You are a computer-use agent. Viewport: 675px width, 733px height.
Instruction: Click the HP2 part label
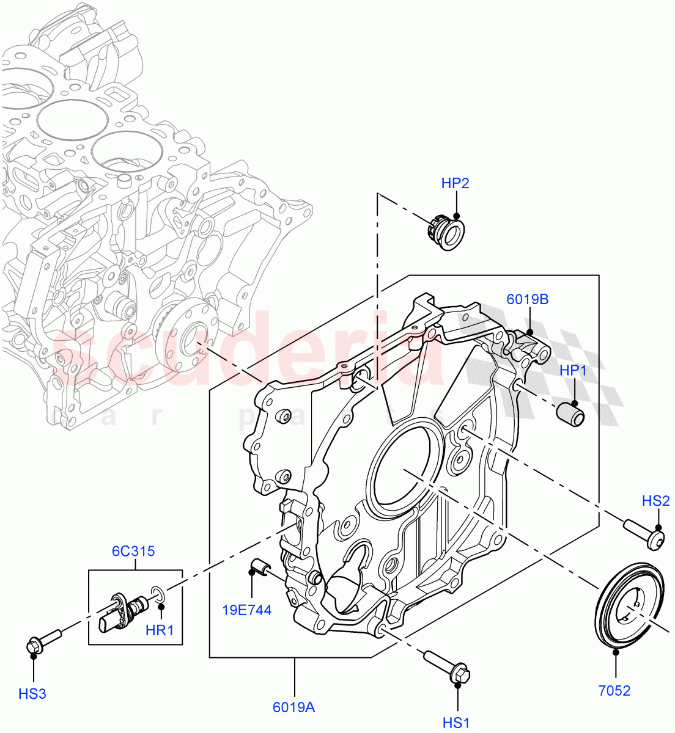(x=456, y=183)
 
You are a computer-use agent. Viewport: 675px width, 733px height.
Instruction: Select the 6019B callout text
(x=527, y=299)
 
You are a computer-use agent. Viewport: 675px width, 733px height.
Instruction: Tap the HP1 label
(x=574, y=371)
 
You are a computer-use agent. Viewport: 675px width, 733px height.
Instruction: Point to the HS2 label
(x=655, y=501)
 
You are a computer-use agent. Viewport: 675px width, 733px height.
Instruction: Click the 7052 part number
(x=614, y=691)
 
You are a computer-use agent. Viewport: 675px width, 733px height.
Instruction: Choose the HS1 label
(x=456, y=723)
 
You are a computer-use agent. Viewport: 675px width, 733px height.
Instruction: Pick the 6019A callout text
(x=294, y=707)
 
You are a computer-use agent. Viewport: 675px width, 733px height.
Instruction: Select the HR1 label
(x=160, y=630)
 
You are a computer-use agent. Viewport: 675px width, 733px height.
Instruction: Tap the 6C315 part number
(x=133, y=552)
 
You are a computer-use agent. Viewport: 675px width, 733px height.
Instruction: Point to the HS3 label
(x=32, y=693)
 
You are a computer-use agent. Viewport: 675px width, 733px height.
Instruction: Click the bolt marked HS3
(x=44, y=640)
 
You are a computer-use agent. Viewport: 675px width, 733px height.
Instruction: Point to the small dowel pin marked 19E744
(x=261, y=567)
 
